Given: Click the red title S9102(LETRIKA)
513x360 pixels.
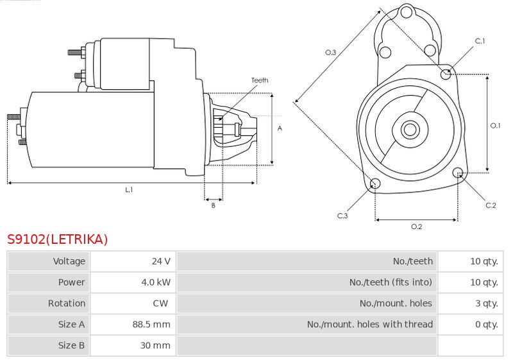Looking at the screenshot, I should tap(58, 239).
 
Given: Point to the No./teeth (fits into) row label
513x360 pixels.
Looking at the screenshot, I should tap(391, 282).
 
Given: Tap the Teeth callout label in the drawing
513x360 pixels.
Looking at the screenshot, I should tap(260, 80).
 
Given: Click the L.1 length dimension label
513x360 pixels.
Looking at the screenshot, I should tap(129, 189).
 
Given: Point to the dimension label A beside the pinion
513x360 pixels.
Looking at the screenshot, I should tap(280, 128).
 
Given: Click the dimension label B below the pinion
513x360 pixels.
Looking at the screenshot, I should tap(213, 205).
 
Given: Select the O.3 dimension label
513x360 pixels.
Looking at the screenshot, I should tap(331, 53).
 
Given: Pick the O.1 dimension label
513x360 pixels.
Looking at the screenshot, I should tap(495, 125).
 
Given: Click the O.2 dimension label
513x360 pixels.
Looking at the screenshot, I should tap(416, 226).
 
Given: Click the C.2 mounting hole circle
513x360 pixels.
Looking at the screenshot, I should tap(458, 173).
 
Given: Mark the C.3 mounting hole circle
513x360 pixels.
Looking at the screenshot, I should tap(376, 185).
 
